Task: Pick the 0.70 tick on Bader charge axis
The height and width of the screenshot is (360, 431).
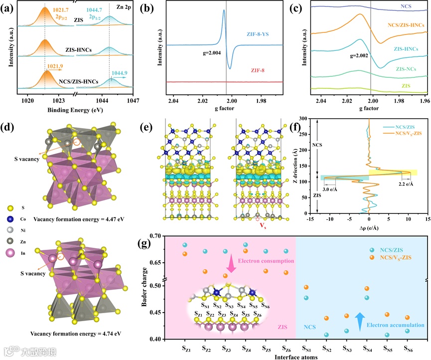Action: tap(156, 235)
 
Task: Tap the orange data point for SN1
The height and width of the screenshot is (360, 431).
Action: tap(306, 287)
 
